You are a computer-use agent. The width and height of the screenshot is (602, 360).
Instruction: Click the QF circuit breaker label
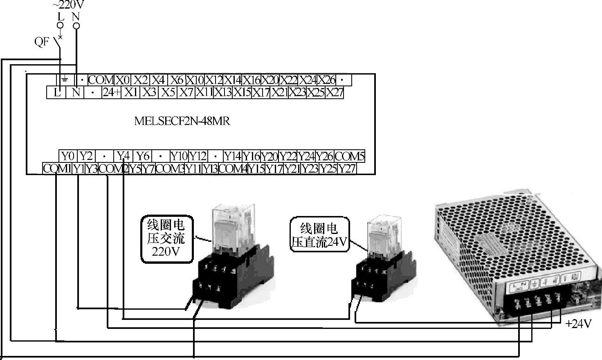42,41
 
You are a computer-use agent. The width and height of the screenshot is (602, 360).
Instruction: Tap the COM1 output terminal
57,169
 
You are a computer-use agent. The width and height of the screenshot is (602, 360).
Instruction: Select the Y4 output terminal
123,156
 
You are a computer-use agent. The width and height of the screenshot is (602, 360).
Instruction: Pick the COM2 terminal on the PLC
114,169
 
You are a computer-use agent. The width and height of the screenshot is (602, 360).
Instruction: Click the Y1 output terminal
79,169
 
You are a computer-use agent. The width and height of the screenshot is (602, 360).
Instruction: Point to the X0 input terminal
122,80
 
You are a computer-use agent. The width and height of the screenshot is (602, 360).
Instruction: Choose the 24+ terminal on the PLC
112,92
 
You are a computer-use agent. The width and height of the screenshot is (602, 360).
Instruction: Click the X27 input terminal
335,92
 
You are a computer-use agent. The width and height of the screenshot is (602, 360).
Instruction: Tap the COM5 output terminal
349,156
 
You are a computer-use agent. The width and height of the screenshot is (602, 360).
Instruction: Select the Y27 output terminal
347,169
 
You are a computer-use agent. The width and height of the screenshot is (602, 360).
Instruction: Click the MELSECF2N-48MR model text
182,121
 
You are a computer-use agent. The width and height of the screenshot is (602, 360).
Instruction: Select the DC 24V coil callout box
319,235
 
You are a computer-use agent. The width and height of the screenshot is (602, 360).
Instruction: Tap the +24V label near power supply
578,324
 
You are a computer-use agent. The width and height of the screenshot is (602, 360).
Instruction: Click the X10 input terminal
195,80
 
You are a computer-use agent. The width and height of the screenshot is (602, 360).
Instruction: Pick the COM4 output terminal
233,169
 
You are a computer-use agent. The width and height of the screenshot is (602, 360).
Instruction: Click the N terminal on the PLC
76,92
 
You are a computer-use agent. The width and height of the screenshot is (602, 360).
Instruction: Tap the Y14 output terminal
232,156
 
